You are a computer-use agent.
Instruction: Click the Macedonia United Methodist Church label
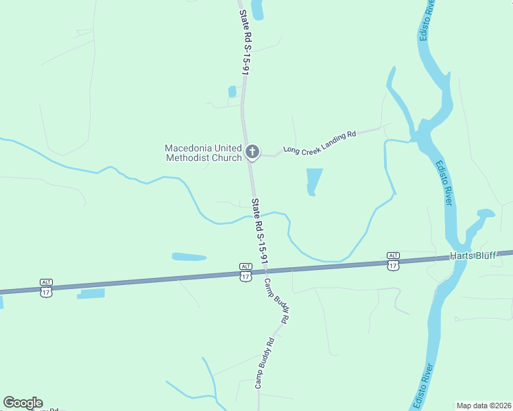tap(203, 153)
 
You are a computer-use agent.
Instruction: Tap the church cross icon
tap(252, 151)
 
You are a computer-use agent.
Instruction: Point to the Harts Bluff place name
tap(472, 256)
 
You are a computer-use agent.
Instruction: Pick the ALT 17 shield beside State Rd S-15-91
tap(246, 271)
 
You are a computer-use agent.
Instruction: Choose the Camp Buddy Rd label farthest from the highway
tap(265, 363)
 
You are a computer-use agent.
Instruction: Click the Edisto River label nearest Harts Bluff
tap(443, 183)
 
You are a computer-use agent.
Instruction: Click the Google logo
tap(23, 403)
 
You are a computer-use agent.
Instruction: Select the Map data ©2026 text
tap(484, 406)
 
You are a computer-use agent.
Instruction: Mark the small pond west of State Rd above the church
tap(232, 92)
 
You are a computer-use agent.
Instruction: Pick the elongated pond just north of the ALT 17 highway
tap(189, 257)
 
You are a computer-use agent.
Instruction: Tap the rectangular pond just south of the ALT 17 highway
tap(92, 293)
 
